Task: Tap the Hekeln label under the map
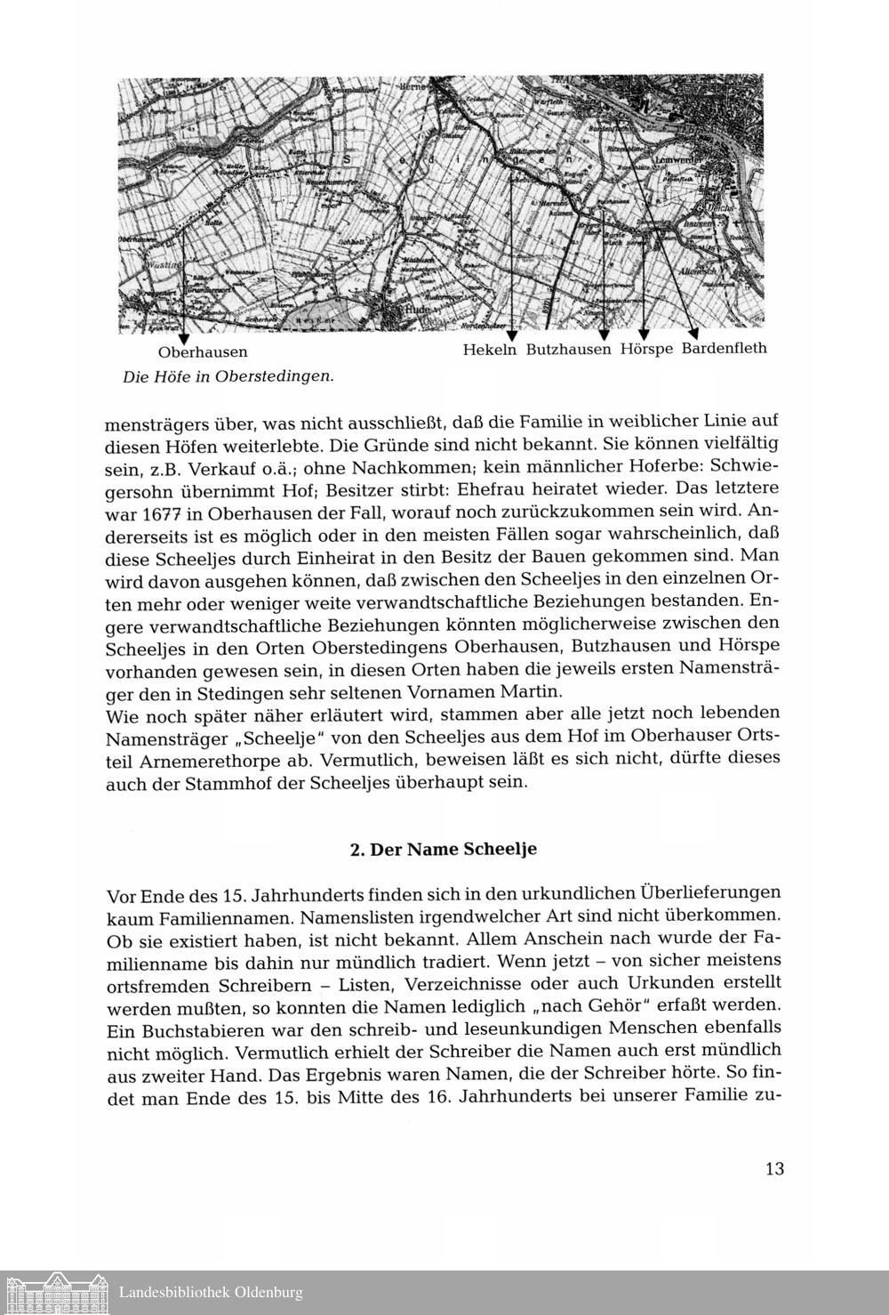(x=490, y=350)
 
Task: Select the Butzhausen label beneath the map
(x=569, y=350)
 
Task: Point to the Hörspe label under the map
(x=646, y=349)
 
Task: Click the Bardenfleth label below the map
(x=724, y=348)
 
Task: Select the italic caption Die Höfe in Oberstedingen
(x=228, y=376)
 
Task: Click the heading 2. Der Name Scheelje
(x=444, y=849)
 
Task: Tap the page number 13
(x=773, y=1168)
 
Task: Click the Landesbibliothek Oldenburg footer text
(x=211, y=1293)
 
